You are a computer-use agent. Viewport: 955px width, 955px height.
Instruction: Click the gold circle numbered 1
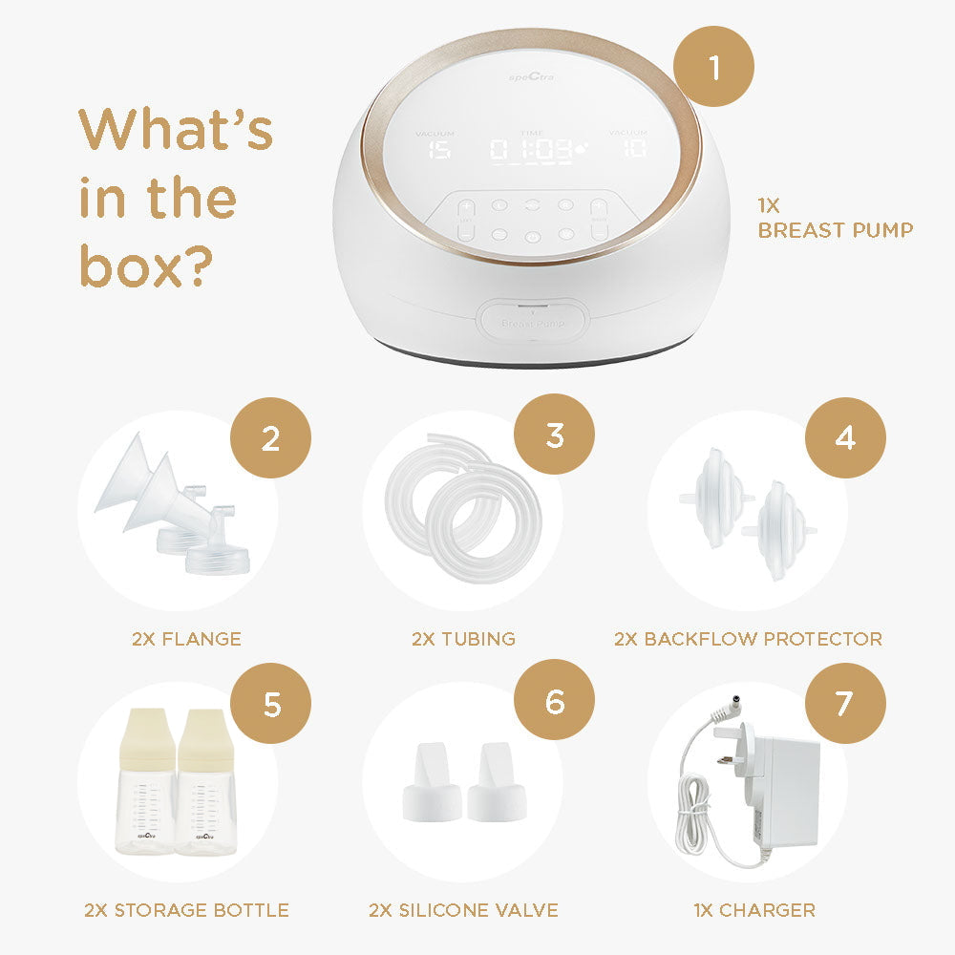pos(713,66)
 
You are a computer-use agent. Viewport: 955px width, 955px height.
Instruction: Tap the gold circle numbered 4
pos(845,438)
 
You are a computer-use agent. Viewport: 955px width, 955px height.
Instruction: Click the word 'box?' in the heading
pos(144,267)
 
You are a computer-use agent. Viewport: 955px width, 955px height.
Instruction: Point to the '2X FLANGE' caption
pos(186,639)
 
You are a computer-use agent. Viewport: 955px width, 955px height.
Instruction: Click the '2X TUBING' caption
pos(463,639)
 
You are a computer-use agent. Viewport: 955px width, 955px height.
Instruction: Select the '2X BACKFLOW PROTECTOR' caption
pos(748,639)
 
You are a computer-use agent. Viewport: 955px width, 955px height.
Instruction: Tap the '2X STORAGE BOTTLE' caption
pos(186,910)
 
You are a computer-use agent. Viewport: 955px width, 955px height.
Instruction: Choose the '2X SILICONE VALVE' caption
pos(463,910)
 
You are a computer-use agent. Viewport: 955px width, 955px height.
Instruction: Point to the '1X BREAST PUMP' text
pos(836,219)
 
